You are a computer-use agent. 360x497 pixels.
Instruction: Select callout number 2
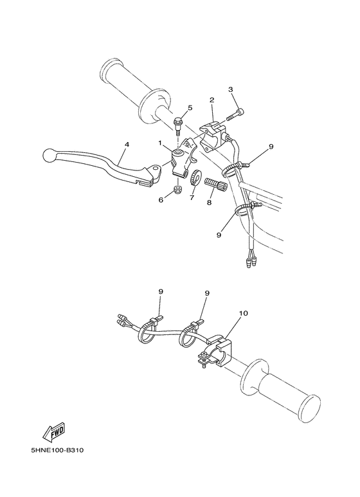[211, 100]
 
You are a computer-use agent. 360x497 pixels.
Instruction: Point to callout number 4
[127, 145]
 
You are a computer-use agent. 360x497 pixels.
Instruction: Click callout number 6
[161, 200]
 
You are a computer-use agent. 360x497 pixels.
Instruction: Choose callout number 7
[192, 198]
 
